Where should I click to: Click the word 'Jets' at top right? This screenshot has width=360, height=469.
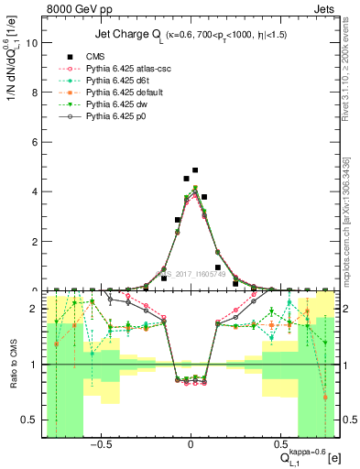coord(325,8)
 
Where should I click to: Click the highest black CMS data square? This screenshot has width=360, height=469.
coord(195,170)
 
